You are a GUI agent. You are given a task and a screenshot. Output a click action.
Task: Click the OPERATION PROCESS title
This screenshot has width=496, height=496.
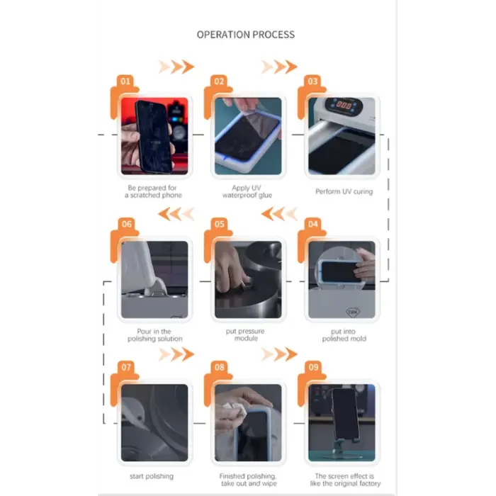(x=246, y=35)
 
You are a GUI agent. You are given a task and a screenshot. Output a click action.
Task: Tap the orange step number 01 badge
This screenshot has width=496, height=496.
(x=125, y=81)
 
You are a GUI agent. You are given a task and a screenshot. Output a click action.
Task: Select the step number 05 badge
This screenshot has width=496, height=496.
(x=219, y=224)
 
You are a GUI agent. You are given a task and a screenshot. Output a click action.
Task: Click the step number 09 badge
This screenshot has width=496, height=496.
(x=313, y=367)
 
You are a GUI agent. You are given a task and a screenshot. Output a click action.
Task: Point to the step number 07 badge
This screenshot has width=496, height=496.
(x=126, y=367)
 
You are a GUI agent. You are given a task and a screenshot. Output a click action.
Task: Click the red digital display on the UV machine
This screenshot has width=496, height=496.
(x=344, y=105)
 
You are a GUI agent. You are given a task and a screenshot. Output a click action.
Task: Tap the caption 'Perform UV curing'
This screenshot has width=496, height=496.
(x=344, y=191)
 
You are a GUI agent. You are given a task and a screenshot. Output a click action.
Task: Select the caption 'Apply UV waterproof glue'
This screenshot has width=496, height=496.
(x=247, y=191)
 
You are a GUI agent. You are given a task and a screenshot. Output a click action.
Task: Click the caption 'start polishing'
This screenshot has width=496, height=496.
(x=152, y=475)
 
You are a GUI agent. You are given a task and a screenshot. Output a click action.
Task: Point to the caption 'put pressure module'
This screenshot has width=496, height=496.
(x=245, y=334)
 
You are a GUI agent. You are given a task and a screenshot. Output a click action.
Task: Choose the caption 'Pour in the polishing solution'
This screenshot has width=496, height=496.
(x=154, y=335)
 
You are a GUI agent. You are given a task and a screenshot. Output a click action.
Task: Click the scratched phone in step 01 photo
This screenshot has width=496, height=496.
(x=154, y=137)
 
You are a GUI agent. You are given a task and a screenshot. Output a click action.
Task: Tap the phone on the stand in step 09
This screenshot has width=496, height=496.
(x=345, y=414)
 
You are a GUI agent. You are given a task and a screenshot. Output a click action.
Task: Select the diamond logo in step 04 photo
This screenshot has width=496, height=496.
(x=353, y=312)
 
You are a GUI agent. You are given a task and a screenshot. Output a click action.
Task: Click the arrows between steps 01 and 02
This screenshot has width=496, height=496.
(x=176, y=67)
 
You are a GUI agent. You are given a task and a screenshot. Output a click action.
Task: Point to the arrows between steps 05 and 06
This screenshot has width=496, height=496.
(x=176, y=214)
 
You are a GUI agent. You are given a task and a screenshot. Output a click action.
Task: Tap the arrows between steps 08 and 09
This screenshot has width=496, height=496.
(x=279, y=354)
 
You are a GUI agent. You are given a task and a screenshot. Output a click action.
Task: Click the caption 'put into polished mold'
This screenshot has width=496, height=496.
(x=344, y=335)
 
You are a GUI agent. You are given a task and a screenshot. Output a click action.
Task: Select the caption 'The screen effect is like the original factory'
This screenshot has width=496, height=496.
(x=345, y=480)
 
